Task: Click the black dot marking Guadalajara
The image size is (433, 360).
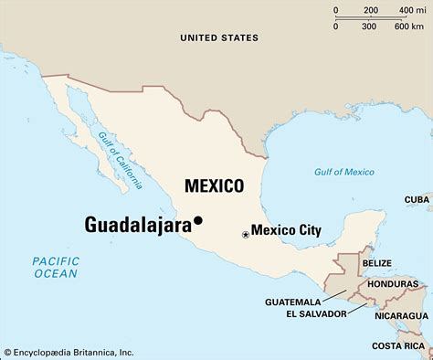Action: pyautogui.click(x=197, y=220)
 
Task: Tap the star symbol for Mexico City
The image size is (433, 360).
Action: pyautogui.click(x=245, y=235)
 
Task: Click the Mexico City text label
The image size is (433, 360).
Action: pyautogui.click(x=286, y=231)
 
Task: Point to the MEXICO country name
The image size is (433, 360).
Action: pyautogui.click(x=214, y=185)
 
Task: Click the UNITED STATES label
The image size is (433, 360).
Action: pyautogui.click(x=219, y=37)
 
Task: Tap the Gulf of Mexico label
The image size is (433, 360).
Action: pyautogui.click(x=343, y=172)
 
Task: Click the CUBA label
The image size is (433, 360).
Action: pyautogui.click(x=417, y=198)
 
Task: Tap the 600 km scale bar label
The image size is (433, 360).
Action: pyautogui.click(x=407, y=26)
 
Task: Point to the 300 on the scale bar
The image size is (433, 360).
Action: pyautogui.click(x=369, y=26)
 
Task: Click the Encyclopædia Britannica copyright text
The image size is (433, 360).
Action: pyautogui.click(x=69, y=352)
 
